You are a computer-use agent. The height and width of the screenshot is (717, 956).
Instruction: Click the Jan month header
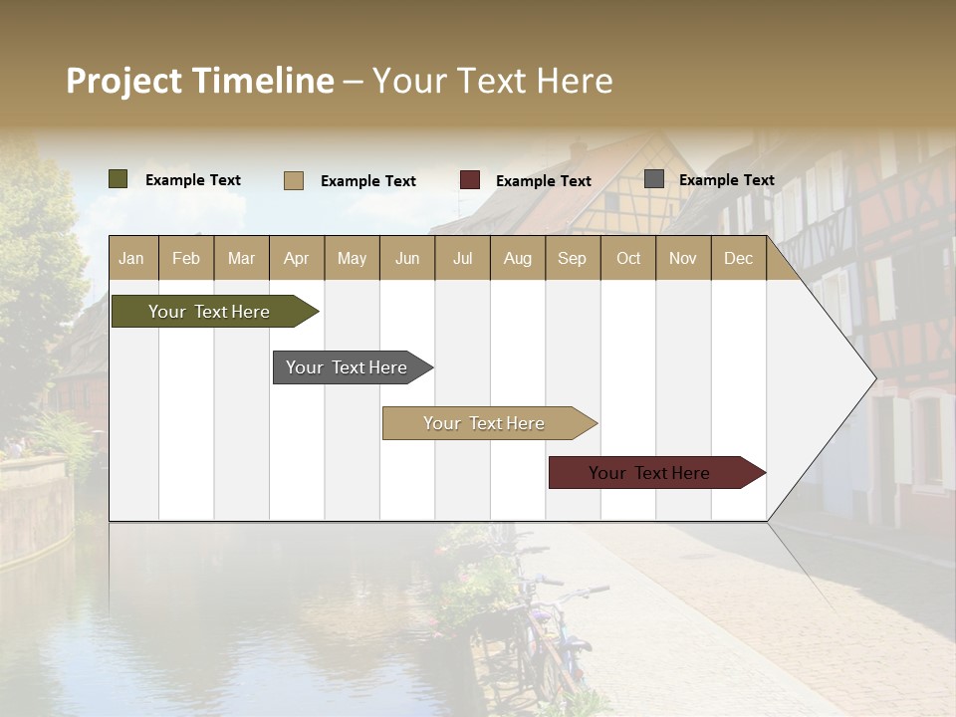tap(132, 258)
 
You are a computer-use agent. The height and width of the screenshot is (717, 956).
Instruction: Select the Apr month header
tap(297, 258)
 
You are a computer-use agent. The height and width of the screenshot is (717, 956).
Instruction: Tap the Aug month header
tap(518, 258)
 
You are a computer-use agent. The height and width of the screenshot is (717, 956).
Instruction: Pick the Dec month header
tap(738, 258)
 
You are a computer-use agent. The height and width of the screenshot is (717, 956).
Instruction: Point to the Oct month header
tap(628, 258)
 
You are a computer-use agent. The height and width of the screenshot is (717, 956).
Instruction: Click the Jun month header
tap(407, 258)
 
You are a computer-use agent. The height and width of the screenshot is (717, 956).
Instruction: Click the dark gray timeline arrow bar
tap(349, 367)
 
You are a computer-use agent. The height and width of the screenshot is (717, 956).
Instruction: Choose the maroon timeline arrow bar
tap(652, 473)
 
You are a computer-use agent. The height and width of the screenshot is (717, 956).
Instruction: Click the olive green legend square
tap(118, 179)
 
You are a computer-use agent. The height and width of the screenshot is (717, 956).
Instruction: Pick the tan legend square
tap(293, 180)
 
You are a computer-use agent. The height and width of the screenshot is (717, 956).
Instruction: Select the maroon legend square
tap(470, 180)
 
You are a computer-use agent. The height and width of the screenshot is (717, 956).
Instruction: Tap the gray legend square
tap(654, 179)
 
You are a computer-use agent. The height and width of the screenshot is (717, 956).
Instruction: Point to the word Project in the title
tap(123, 81)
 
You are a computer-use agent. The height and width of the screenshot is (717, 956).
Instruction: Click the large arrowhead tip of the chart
tap(868, 378)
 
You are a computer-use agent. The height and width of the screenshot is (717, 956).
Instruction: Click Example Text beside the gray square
tap(726, 179)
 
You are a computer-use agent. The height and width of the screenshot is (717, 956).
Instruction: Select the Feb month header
tap(186, 258)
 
